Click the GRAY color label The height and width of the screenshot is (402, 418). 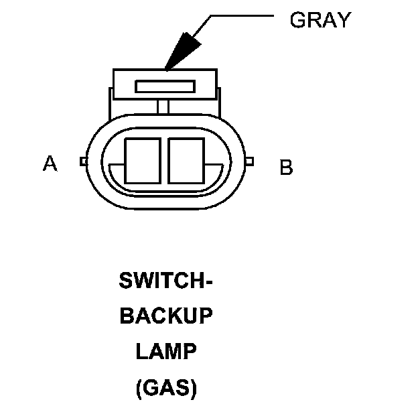coord(320,20)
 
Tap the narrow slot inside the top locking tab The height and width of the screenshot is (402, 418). coord(165,86)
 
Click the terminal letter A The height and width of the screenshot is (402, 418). coord(50,163)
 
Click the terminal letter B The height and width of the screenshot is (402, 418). coord(286,167)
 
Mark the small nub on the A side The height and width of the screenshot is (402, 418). coord(82,161)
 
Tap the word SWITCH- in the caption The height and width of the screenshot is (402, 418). coord(166,281)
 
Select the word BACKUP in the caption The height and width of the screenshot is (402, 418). coord(166,316)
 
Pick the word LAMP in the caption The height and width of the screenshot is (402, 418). coord(166,351)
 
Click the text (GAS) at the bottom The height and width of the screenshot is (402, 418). coord(166,387)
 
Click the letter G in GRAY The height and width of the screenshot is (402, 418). coord(297,20)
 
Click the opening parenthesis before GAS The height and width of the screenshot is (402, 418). coord(139,387)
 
